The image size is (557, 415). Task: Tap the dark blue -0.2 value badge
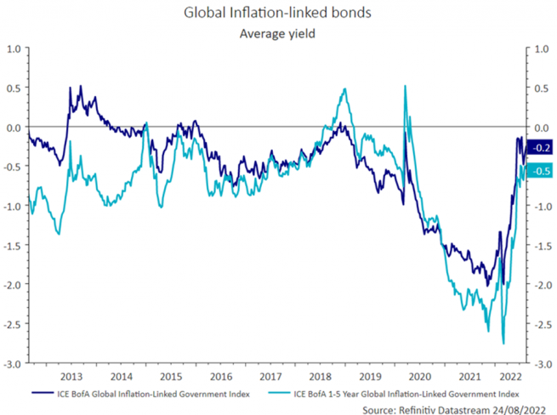[x=538, y=148]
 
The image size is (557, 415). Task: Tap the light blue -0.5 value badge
[x=538, y=171]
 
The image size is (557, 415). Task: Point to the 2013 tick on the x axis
[x=71, y=375]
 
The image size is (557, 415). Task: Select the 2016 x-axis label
[x=220, y=375]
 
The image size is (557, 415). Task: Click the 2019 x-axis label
[x=369, y=375]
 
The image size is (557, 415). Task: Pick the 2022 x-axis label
[x=510, y=375]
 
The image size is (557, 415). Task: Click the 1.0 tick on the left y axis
[x=14, y=49]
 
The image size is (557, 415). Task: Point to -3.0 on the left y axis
[x=14, y=363]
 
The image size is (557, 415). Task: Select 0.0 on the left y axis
[x=14, y=128]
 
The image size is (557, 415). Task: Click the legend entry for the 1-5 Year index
[x=406, y=393]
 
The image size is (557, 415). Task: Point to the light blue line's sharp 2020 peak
[x=404, y=86]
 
